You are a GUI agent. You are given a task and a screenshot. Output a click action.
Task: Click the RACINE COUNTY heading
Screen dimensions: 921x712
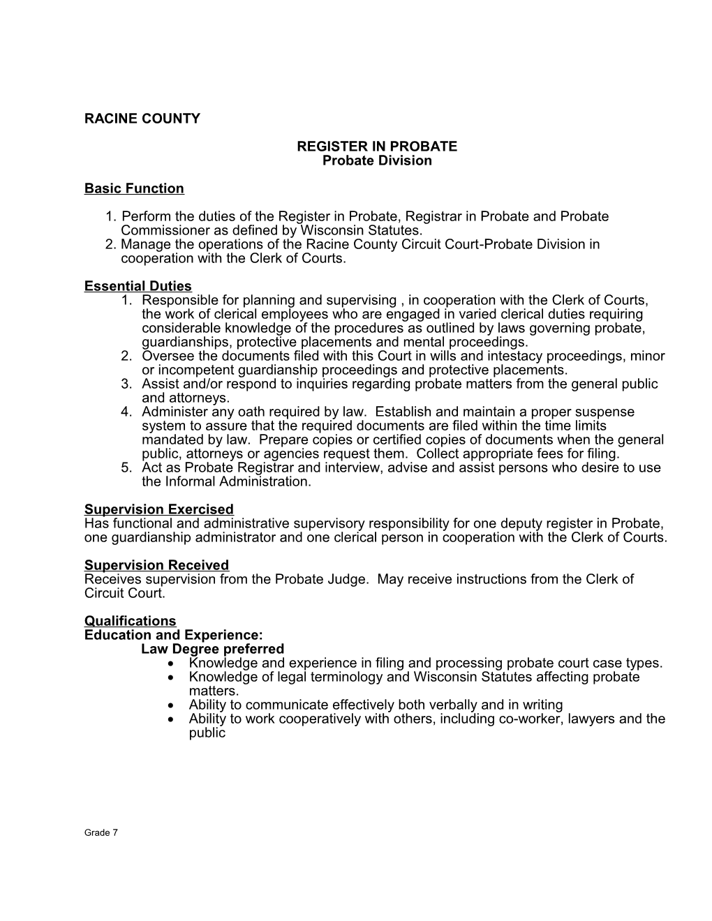point(142,119)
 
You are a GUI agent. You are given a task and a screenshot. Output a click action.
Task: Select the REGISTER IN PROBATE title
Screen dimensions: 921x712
point(377,147)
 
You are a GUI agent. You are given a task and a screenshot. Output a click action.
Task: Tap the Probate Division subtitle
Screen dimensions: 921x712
point(377,160)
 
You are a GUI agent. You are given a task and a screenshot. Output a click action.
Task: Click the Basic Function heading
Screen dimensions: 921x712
point(134,188)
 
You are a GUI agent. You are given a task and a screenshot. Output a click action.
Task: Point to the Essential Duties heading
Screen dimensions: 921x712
point(138,286)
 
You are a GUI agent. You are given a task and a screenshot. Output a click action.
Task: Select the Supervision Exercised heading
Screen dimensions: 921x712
point(158,509)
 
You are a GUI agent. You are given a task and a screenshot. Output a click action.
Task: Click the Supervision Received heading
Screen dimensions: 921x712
point(156,565)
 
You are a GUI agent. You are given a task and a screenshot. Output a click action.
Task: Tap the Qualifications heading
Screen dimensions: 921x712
point(130,621)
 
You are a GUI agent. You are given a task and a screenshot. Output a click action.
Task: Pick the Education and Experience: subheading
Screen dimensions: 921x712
point(173,635)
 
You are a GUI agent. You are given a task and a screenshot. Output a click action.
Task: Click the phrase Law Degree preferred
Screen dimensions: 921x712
point(212,649)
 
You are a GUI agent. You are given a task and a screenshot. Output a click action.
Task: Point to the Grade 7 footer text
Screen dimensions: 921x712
point(101,832)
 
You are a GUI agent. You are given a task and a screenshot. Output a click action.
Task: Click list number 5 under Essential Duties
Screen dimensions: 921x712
point(126,467)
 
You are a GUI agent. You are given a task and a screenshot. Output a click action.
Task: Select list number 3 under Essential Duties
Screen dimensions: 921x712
point(126,384)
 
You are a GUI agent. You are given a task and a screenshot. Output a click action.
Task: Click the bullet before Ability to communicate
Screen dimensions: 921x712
point(172,705)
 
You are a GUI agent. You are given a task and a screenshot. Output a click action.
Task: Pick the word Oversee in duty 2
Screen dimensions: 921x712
point(165,356)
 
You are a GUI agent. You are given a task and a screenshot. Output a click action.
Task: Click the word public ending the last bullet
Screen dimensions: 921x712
point(207,733)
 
